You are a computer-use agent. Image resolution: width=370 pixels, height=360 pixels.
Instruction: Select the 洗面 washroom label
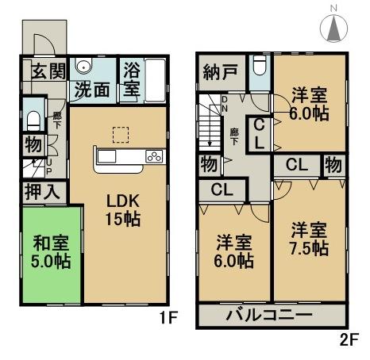pos(92,89)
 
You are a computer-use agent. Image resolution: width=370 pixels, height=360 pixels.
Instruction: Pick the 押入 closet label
pos(38,191)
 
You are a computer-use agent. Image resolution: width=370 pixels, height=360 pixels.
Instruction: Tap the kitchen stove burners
pos(153,156)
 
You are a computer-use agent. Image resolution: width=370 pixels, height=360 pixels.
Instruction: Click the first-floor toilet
pos(33,121)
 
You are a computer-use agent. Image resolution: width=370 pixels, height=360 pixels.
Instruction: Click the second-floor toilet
pos(259,68)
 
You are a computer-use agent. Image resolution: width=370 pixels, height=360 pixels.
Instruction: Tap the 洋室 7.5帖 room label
pos(308,239)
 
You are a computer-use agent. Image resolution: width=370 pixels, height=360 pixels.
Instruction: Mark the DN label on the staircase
pos(225,104)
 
